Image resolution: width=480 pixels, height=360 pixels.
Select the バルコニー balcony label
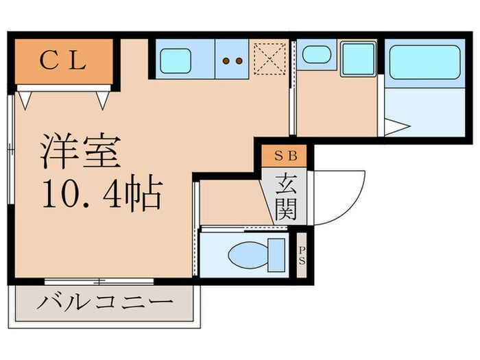(x=105, y=302)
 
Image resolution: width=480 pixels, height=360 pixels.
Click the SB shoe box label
(x=286, y=155)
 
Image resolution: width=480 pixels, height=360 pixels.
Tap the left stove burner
(x=226, y=61)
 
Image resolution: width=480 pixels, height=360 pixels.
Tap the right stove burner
(x=239, y=61)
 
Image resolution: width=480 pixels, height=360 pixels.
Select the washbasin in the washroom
(x=315, y=53)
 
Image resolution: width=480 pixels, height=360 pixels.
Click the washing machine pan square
(x=358, y=59)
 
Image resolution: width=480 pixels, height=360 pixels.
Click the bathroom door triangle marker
(x=396, y=127)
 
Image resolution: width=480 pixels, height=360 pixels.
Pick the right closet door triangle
(x=104, y=100)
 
